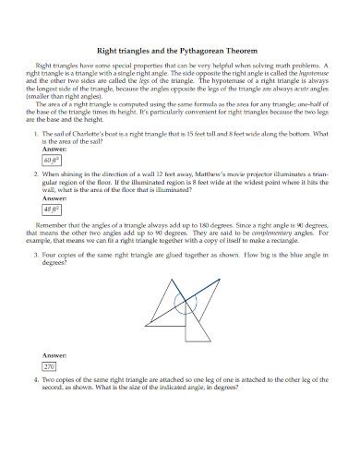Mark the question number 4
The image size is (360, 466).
click(34, 379)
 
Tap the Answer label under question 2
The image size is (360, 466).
click(54, 197)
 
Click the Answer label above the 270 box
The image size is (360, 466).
click(54, 354)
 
